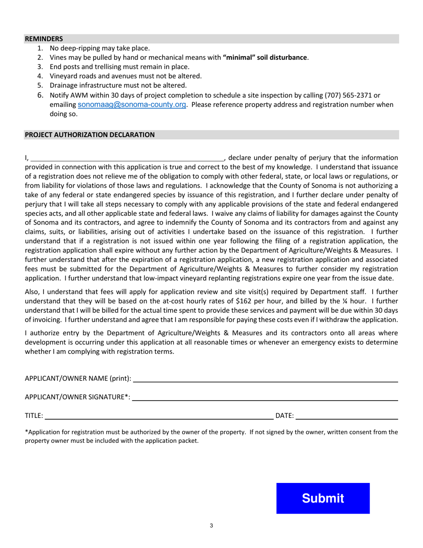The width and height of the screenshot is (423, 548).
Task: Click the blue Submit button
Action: pyautogui.click(x=323, y=498)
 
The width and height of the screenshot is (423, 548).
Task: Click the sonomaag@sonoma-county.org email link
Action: pyautogui.click(x=132, y=105)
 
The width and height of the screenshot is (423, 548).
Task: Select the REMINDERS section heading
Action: pyautogui.click(x=44, y=39)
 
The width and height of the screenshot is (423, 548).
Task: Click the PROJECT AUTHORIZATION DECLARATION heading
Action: pyautogui.click(x=89, y=135)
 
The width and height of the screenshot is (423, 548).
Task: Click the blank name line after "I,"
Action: pyautogui.click(x=127, y=158)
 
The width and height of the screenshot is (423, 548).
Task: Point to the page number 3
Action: pyautogui.click(x=211, y=526)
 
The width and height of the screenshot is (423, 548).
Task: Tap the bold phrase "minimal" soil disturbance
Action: pyautogui.click(x=265, y=57)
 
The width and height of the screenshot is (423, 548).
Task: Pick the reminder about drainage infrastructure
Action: pyautogui.click(x=118, y=85)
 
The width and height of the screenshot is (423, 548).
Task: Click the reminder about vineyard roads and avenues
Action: pyautogui.click(x=126, y=76)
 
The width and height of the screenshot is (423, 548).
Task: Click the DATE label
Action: pyautogui.click(x=285, y=416)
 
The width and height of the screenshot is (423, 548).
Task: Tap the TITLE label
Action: pyautogui.click(x=34, y=416)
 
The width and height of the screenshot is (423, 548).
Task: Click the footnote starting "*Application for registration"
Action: pyautogui.click(x=211, y=437)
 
